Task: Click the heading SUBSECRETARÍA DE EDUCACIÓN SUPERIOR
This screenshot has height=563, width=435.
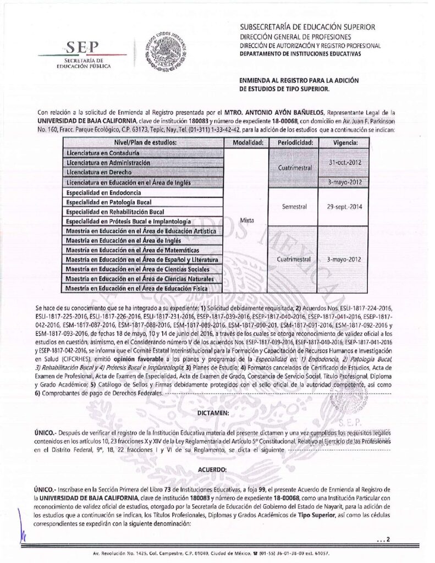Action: click(307, 27)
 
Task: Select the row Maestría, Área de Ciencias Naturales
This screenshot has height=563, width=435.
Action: click(140, 279)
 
